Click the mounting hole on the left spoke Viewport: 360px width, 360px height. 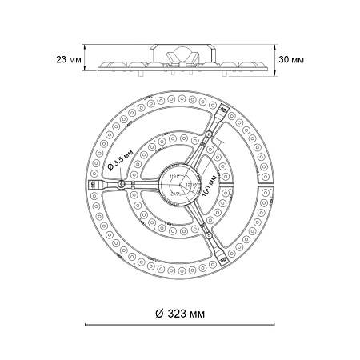click(120, 183)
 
